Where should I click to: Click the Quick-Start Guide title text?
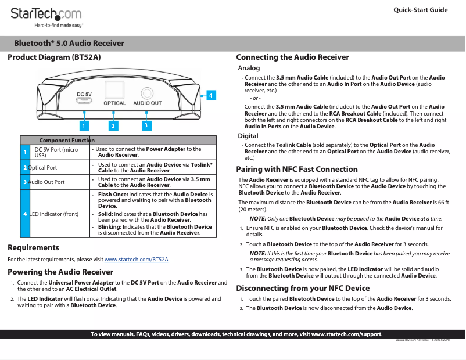click(x=420, y=10)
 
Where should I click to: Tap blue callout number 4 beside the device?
click(x=211, y=94)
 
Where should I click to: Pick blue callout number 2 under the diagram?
click(x=114, y=125)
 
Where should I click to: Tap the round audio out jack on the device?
click(x=147, y=93)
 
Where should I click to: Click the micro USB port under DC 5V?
click(x=84, y=101)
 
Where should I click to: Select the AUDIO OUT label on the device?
click(x=147, y=103)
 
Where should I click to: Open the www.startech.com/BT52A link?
click(x=136, y=259)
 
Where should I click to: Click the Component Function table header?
click(x=67, y=141)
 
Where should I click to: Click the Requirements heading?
click(x=33, y=248)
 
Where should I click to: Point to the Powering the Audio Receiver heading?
click(x=60, y=272)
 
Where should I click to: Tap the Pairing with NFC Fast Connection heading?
click(x=297, y=170)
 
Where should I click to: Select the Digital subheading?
click(x=249, y=136)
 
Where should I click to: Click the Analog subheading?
click(x=249, y=69)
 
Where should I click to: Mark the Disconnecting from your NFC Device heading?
click(x=303, y=288)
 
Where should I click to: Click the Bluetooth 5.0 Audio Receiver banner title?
click(x=69, y=44)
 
